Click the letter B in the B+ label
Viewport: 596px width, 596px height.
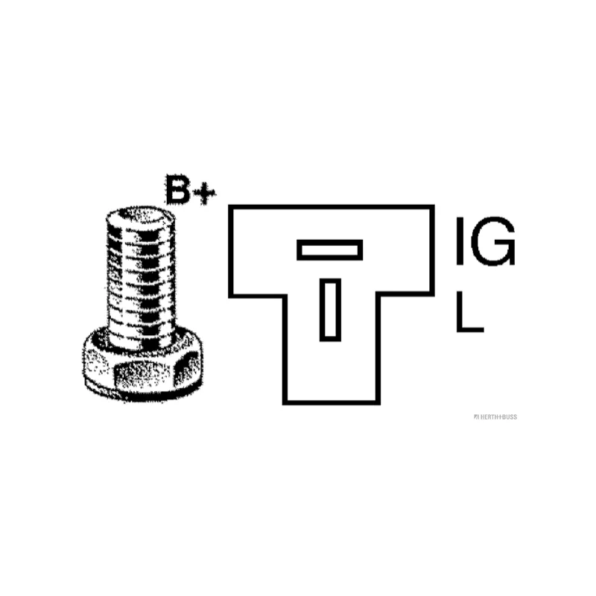[177, 189]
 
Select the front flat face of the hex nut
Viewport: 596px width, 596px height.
[144, 376]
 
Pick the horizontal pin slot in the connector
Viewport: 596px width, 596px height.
[329, 250]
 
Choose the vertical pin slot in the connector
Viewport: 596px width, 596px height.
[330, 310]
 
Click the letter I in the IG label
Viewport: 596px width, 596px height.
[460, 241]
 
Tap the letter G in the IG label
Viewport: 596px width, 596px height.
[493, 241]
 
